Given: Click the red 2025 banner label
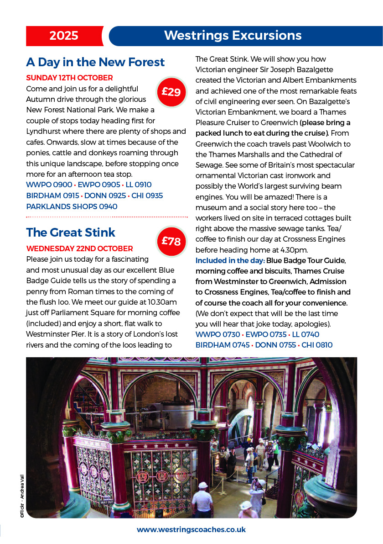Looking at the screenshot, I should pos(64,36).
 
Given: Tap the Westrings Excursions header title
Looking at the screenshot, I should pos(233,36).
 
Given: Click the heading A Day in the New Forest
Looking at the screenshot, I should pos(95,62).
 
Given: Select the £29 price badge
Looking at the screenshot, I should pos(171,92).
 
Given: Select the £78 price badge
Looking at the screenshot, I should pos(171,241).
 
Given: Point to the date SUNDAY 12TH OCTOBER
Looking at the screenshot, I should pos(69,78).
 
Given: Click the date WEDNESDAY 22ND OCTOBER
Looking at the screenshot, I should pos(80,248).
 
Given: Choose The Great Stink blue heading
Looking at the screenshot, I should pos(71,232).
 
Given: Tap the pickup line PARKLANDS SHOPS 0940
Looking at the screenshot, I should pos(72,206).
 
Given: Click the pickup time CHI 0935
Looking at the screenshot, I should pos(147,195).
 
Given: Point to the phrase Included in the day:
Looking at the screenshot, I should pos(230,261).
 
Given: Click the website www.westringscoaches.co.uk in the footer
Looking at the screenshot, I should pos(191,530).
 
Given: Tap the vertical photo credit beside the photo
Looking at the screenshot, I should pos(21,496).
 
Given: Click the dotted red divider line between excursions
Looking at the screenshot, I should pos(107,217).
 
